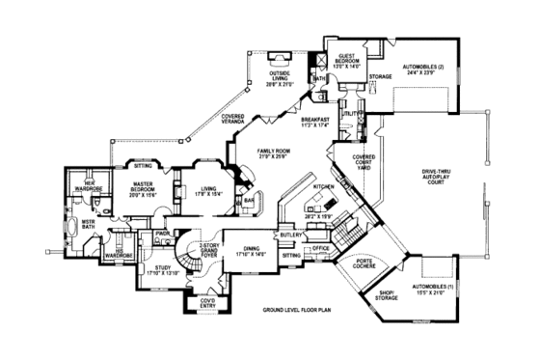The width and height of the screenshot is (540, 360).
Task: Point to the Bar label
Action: coord(248,202)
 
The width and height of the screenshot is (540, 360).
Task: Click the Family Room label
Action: coord(274,154)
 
